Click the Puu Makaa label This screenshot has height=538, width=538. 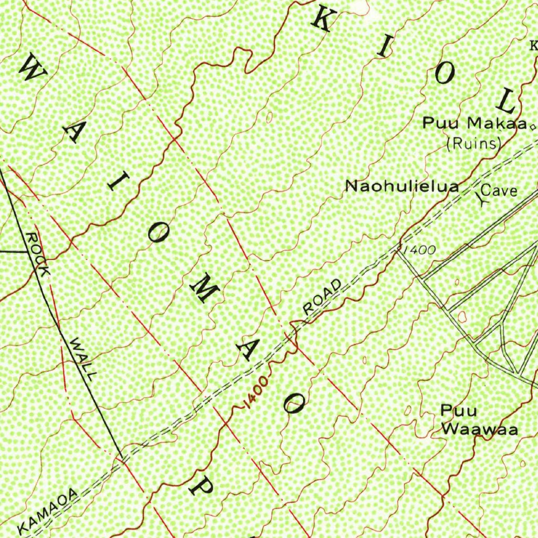474,124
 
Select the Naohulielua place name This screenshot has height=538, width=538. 402,186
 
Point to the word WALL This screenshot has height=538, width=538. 84,359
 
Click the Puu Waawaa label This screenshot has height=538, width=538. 479,420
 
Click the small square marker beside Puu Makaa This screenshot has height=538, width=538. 533,127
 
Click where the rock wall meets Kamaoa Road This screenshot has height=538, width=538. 120,458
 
